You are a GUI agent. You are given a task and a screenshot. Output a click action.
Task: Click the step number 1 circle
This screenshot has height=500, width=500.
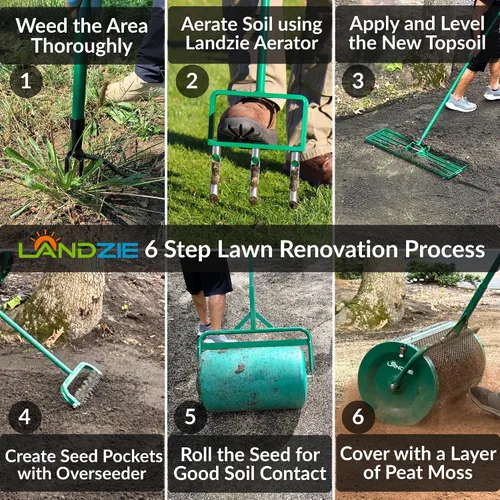(26, 81)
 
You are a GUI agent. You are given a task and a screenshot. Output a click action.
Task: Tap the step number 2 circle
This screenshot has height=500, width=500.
(192, 81)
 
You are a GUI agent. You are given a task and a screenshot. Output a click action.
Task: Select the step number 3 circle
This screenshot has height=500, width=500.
(358, 81)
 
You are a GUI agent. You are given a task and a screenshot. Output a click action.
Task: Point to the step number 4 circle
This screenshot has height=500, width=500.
(25, 417)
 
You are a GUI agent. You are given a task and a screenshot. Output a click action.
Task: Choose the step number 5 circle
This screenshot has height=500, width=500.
(190, 417)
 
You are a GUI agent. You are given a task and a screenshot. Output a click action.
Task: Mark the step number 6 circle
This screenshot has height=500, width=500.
(358, 417)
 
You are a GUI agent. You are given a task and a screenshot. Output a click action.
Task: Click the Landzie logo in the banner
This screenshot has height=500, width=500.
(78, 246)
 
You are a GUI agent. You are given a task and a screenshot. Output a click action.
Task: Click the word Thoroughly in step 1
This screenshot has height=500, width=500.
(82, 46)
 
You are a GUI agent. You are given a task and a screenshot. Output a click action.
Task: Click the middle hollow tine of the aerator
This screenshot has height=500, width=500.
(255, 176)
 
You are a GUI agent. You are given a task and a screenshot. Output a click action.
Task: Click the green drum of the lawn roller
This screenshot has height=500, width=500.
(253, 379)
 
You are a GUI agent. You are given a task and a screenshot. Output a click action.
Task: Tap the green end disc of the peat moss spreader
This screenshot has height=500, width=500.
(397, 383)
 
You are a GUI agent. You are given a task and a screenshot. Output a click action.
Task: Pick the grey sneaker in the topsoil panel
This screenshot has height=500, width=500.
(461, 103)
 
